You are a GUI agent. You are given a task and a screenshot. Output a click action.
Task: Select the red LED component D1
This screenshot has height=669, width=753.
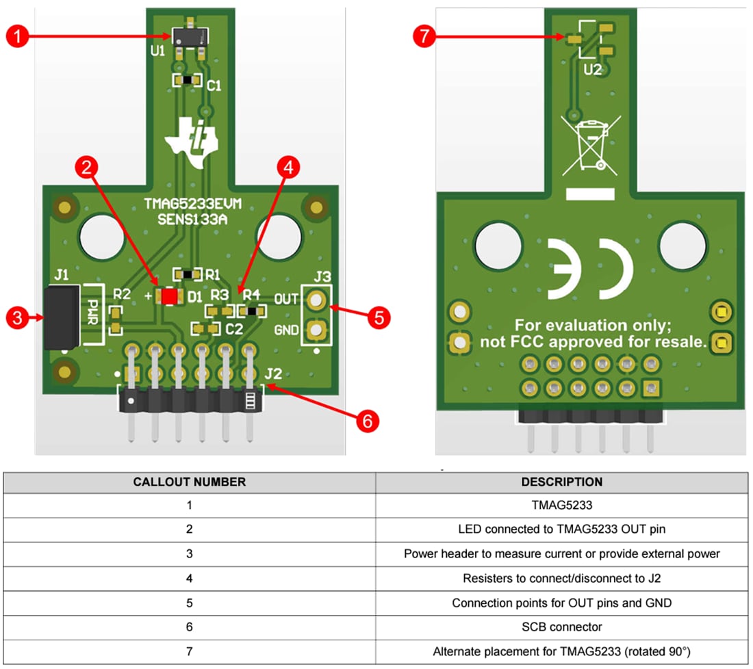(170, 296)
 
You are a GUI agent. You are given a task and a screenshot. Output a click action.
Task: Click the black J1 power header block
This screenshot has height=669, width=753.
(62, 317)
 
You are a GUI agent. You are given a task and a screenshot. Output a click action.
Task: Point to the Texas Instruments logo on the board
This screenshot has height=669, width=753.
(191, 142)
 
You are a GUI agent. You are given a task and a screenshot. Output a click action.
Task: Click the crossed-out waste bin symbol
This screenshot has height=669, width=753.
(591, 143)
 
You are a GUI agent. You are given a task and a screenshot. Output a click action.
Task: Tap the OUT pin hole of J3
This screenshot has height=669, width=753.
(316, 300)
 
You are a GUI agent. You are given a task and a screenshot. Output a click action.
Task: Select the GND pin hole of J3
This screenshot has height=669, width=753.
(316, 331)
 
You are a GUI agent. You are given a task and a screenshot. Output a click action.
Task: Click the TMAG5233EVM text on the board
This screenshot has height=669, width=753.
(193, 203)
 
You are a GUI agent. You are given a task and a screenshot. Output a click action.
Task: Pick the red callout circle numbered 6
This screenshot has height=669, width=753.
(368, 421)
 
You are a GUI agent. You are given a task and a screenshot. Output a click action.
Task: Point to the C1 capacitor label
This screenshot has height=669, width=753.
(214, 86)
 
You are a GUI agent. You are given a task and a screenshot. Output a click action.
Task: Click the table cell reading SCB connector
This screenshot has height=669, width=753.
(562, 627)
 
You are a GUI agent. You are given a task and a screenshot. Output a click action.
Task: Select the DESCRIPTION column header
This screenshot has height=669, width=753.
(562, 482)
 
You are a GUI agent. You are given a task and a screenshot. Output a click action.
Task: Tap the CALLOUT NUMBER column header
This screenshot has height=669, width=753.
(190, 482)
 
